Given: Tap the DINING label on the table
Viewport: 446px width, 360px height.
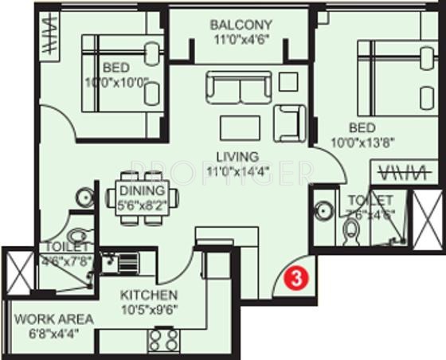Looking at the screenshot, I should [143, 190].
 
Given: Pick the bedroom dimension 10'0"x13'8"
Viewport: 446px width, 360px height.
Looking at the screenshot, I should [363, 143].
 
